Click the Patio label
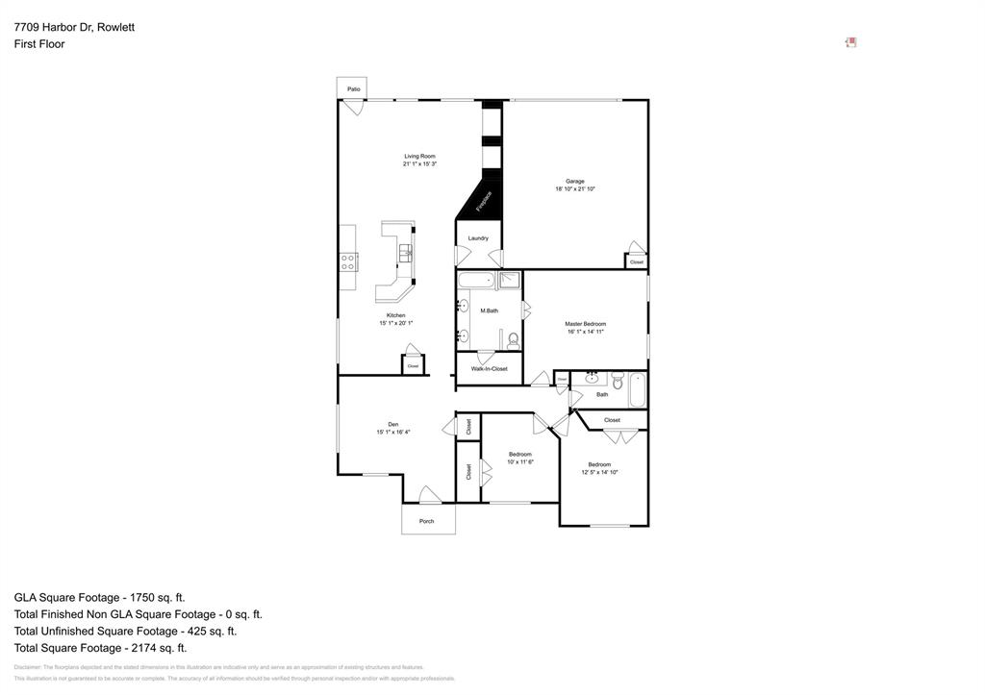click(x=354, y=89)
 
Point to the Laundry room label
click(x=478, y=238)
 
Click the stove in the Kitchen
click(x=348, y=261)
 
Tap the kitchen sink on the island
click(x=405, y=253)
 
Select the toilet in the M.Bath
click(x=514, y=339)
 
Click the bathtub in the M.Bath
click(x=475, y=281)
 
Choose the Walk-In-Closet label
click(x=489, y=368)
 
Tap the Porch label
click(x=426, y=521)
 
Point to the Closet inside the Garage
click(x=636, y=261)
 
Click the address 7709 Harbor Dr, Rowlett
click(x=74, y=27)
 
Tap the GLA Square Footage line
click(x=99, y=597)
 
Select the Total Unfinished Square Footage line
click(x=125, y=632)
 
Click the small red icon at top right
click(x=850, y=42)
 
